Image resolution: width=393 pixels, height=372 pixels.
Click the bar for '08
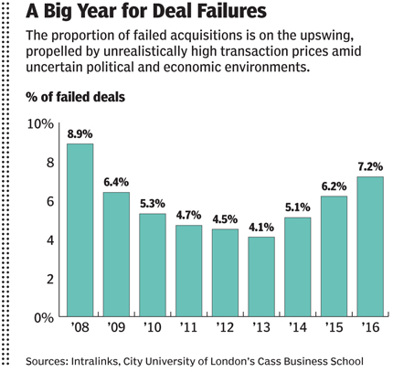point(80,230)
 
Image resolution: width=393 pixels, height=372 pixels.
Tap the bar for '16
point(370,247)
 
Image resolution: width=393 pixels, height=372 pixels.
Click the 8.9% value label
point(80,134)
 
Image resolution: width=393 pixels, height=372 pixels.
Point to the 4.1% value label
point(261,228)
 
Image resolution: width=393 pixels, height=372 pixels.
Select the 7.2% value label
point(370,167)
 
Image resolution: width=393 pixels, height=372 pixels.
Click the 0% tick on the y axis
point(41,318)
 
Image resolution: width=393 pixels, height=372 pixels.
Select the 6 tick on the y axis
point(47,201)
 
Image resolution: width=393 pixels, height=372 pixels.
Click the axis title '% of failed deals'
point(75,96)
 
